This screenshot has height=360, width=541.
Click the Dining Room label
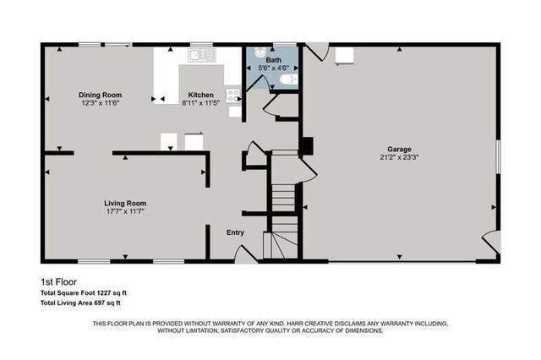[101, 95]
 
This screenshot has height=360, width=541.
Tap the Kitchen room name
[201, 95]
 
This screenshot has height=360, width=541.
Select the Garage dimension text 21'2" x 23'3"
[398, 157]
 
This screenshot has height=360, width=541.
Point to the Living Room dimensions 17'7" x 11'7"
[125, 212]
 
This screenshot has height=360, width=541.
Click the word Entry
[235, 232]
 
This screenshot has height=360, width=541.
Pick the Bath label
[272, 60]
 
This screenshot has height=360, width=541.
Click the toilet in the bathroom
[288, 79]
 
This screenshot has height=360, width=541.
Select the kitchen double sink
[202, 56]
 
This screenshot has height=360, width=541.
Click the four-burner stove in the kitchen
[233, 96]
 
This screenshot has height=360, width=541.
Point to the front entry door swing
[246, 253]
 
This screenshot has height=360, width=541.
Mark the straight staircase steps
[285, 199]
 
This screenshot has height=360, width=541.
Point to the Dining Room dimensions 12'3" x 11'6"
[101, 103]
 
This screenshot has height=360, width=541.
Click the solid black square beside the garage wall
[308, 146]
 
